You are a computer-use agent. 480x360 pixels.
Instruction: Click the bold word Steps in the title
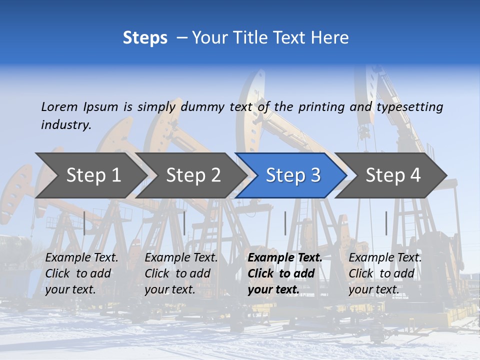(145, 38)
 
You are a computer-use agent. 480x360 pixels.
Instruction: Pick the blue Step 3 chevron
(293, 175)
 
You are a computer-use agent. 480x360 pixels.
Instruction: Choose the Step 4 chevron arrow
(393, 175)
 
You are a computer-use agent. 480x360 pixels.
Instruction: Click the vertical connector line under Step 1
(84, 223)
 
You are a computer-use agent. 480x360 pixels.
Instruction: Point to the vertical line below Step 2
(184, 223)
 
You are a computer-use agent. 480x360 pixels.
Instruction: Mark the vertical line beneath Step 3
(285, 223)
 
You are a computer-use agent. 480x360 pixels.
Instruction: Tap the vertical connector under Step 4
(386, 223)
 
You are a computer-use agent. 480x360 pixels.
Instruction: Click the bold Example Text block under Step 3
(285, 273)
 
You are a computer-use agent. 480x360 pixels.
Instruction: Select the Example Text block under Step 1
(81, 273)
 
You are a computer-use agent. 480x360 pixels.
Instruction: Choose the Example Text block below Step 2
(181, 273)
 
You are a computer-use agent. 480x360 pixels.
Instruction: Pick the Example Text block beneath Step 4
(385, 273)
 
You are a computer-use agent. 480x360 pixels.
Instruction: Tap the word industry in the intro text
(66, 125)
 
